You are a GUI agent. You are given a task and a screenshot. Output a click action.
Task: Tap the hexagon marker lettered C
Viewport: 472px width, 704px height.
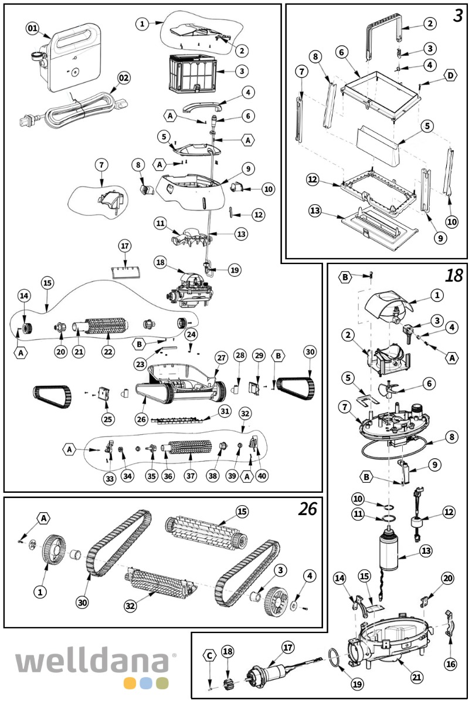coord(210,655)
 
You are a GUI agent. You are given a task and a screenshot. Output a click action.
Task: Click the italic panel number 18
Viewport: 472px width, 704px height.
coord(454,276)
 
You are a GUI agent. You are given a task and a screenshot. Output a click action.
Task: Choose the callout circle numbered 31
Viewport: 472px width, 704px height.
coord(224,411)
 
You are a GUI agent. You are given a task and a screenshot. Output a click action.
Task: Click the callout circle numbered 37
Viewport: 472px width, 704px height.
coord(189,475)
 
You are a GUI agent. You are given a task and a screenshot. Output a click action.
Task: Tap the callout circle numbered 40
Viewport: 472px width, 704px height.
coord(262,475)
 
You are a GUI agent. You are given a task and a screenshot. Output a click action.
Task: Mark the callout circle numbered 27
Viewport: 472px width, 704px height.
coord(220,358)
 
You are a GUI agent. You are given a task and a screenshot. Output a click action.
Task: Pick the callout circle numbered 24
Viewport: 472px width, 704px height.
coord(191,334)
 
